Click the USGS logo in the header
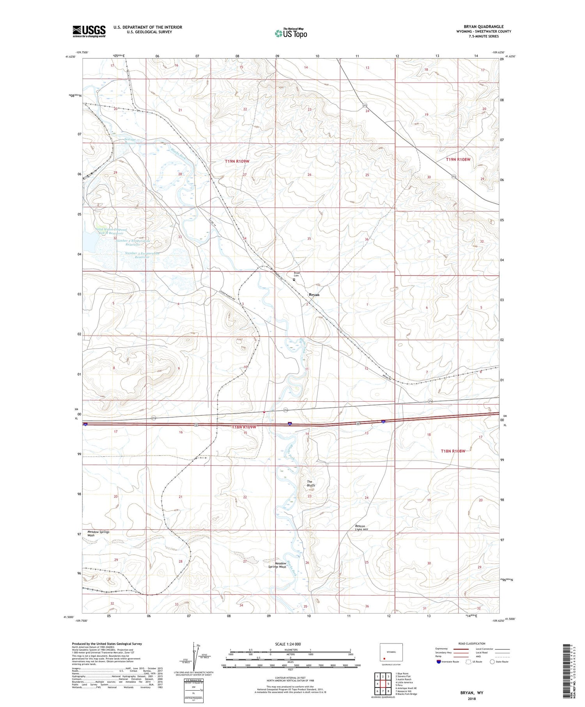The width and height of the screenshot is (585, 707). [89, 31]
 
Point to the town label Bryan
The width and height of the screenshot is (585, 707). [314, 295]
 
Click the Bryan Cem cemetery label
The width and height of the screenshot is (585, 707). [297, 275]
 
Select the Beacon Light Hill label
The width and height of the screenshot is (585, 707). [362, 528]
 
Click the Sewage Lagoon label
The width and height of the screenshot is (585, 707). [130, 141]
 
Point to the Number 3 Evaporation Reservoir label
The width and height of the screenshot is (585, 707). [142, 255]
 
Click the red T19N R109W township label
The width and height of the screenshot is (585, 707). [237, 161]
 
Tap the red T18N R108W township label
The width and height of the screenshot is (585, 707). [453, 451]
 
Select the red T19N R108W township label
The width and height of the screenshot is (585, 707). [458, 159]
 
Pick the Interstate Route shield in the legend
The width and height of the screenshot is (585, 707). [439, 662]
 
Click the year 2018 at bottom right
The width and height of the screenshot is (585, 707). [471, 698]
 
